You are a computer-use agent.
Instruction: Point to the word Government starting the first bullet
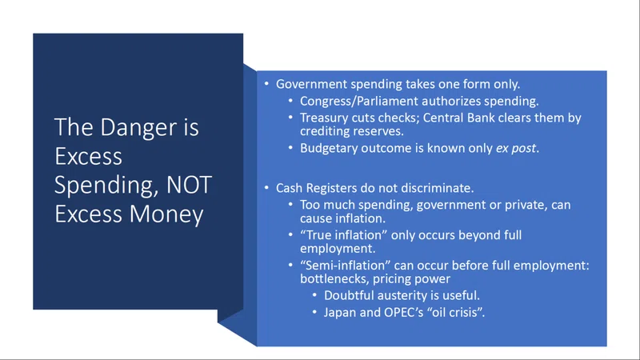(x=311, y=84)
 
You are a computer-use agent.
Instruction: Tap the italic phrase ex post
(x=516, y=148)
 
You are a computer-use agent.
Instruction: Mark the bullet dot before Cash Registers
(x=266, y=188)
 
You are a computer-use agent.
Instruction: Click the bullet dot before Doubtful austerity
(x=314, y=295)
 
